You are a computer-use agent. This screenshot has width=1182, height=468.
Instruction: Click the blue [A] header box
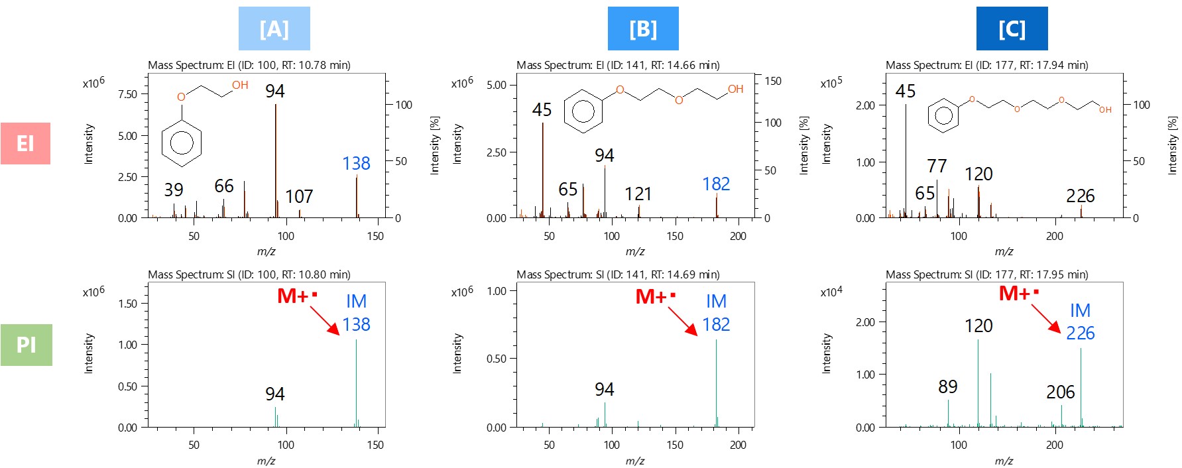(274, 29)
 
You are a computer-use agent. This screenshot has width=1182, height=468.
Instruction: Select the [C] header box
(1012, 29)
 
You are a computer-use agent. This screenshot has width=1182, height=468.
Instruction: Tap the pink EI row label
(25, 143)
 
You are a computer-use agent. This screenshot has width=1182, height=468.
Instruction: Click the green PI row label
(26, 345)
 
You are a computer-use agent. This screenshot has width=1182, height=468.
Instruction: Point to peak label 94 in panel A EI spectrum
(274, 91)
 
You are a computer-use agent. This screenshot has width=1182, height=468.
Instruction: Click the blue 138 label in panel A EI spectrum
(356, 163)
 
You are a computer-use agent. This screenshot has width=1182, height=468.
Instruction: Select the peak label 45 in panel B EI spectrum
(542, 110)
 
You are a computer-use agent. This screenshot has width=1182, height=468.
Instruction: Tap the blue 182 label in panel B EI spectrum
(716, 184)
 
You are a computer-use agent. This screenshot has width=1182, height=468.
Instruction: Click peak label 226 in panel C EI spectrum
(1080, 196)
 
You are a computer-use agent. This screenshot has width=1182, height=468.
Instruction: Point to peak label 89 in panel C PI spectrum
(947, 386)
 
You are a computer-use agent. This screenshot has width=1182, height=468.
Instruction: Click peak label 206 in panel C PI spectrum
(1060, 392)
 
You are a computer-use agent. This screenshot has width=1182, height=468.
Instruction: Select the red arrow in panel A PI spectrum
(324, 321)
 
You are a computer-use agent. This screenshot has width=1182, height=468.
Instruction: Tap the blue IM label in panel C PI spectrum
(1080, 310)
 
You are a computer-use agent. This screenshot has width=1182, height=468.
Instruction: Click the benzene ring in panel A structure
(181, 143)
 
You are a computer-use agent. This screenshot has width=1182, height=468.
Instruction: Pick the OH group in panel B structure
(735, 89)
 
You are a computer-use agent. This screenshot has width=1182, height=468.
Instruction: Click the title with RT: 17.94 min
(986, 65)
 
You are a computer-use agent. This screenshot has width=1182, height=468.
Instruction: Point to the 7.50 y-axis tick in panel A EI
(127, 94)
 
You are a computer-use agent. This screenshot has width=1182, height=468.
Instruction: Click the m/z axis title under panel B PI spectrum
(634, 461)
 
